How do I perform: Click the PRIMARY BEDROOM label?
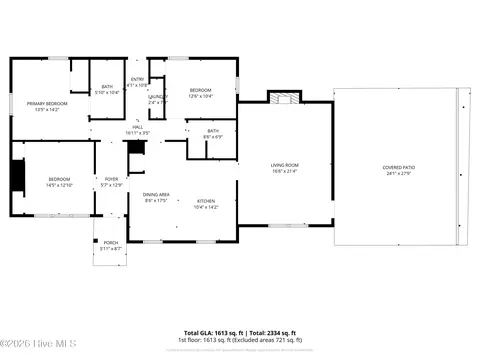[x=48, y=103]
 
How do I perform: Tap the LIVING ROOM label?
[x=286, y=165]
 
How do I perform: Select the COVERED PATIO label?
[x=399, y=167]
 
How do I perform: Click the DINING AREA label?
[x=156, y=194]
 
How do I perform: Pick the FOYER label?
[x=111, y=179]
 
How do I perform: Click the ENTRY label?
[x=137, y=79]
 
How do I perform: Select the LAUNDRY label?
[x=158, y=97]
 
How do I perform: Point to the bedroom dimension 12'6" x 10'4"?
[x=202, y=97]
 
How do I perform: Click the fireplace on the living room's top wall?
[x=285, y=98]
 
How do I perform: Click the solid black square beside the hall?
[x=136, y=147]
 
